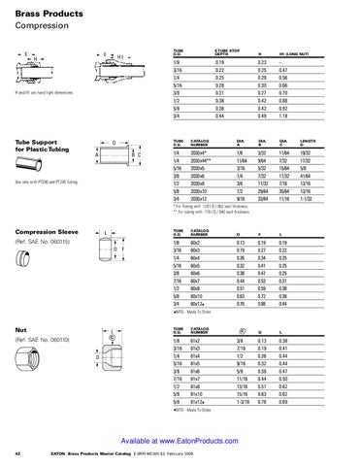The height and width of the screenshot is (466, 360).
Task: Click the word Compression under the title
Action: pyautogui.click(x=39, y=23)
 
